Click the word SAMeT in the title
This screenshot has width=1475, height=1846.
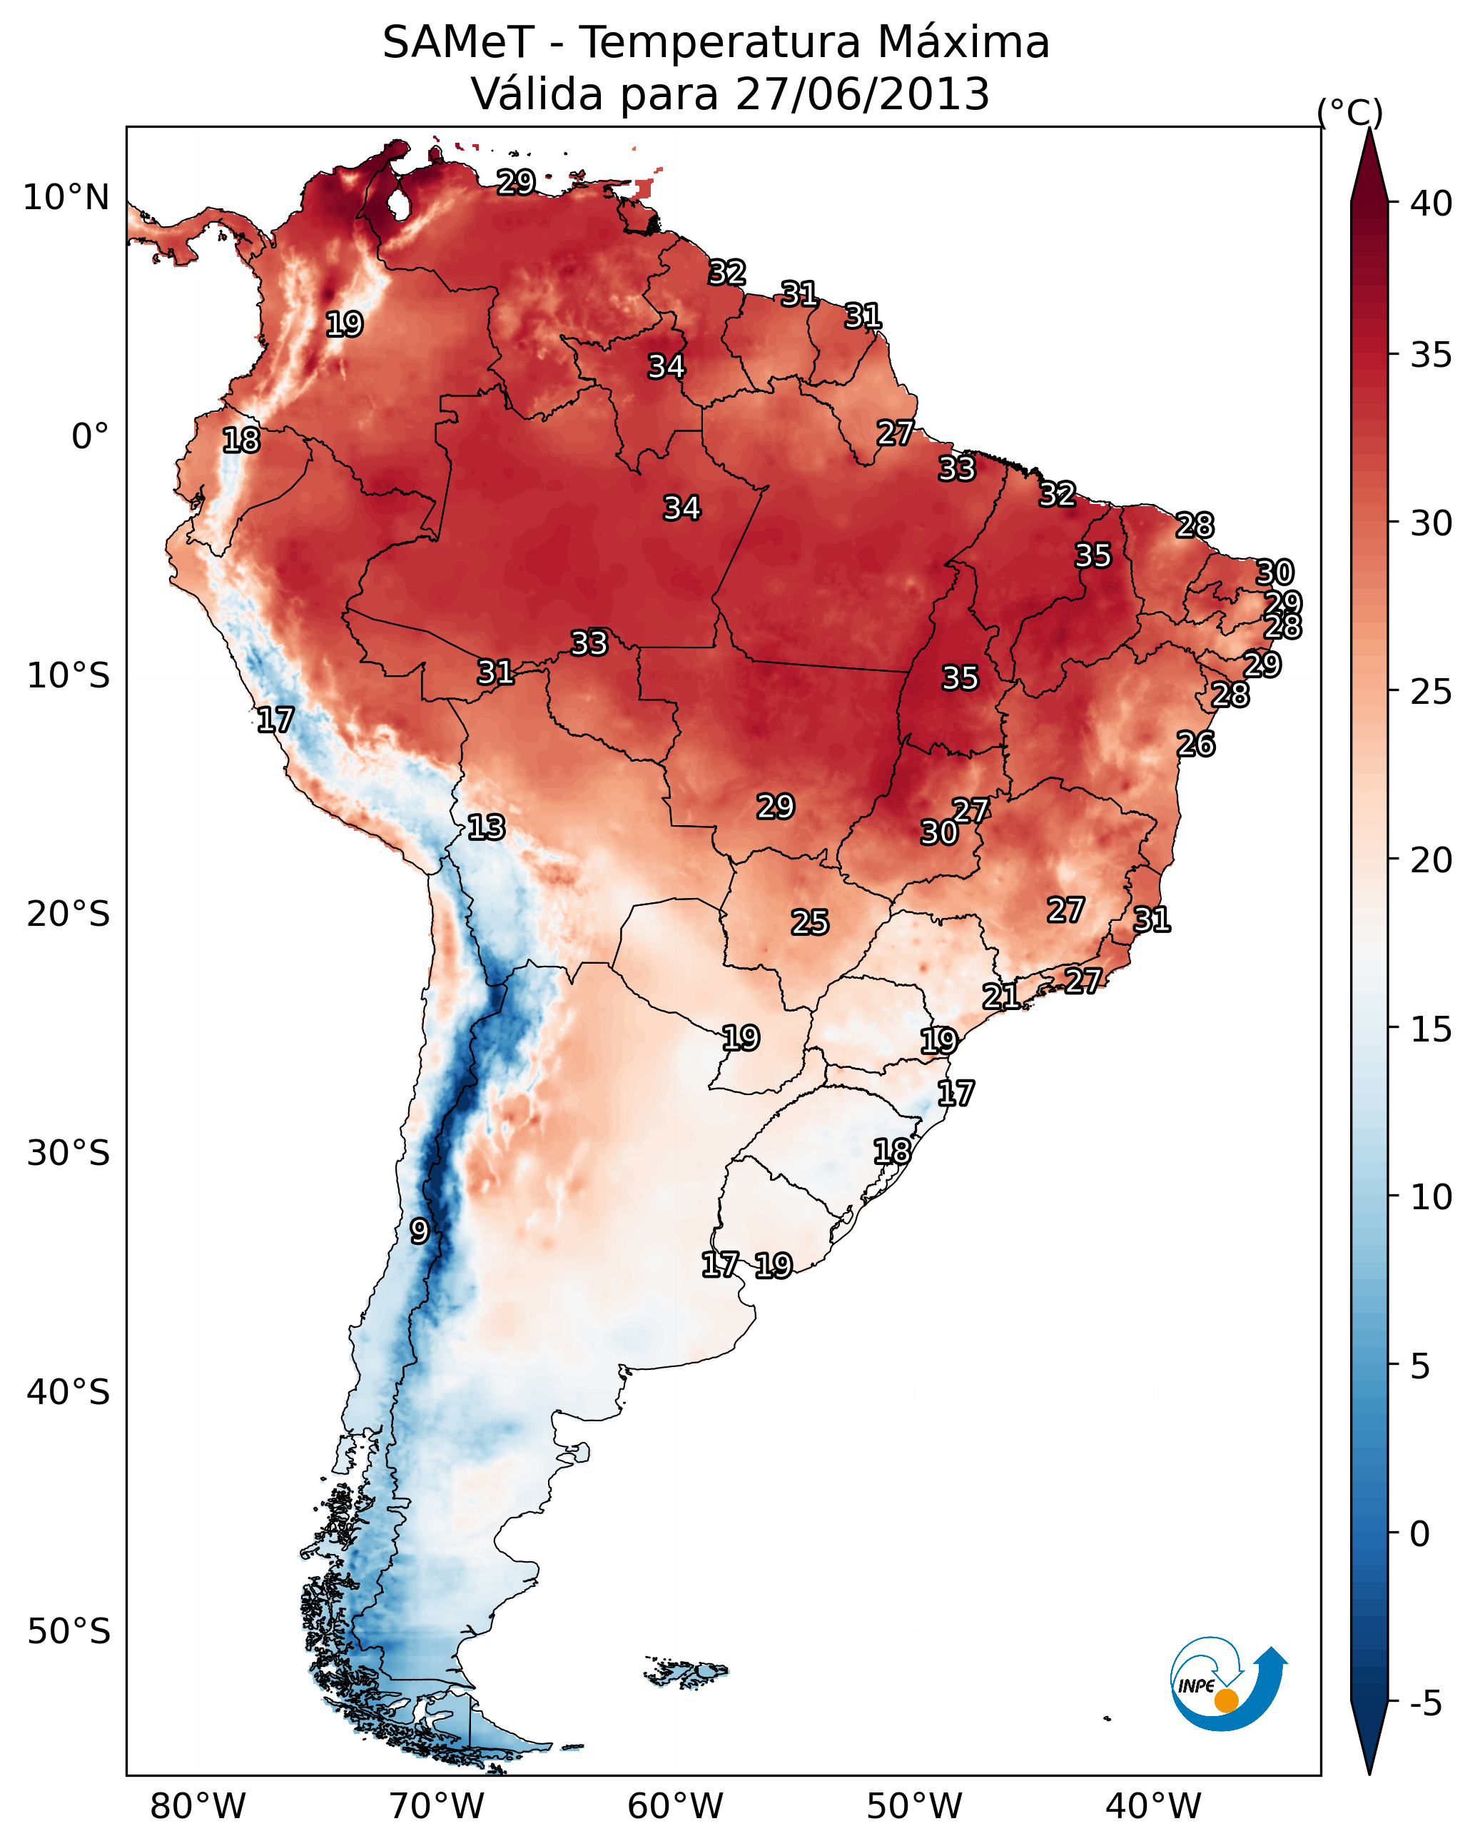click(x=458, y=43)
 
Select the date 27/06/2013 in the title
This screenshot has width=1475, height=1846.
click(x=862, y=94)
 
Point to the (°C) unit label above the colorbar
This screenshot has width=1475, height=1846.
click(x=1349, y=112)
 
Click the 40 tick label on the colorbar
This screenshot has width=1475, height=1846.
click(x=1431, y=203)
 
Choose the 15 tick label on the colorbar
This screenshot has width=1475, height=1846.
click(x=1431, y=1029)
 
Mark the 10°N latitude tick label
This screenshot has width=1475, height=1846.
click(x=66, y=198)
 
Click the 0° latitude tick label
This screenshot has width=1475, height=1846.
click(x=90, y=437)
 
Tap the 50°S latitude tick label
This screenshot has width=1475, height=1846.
click(x=69, y=1632)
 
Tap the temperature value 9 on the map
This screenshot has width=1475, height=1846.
click(x=419, y=1231)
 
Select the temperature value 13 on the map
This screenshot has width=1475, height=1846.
click(x=486, y=827)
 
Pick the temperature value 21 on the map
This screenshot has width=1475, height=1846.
click(x=1000, y=996)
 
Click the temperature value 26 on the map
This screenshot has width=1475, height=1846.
click(x=1195, y=744)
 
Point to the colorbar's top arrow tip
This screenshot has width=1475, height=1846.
click(x=1369, y=130)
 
